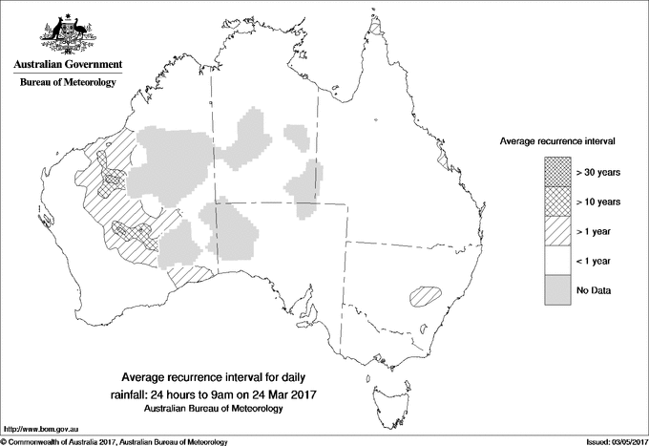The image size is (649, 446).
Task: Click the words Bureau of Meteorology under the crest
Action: [x=68, y=83]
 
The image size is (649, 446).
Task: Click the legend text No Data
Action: [x=593, y=290]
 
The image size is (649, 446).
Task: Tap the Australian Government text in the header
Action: [x=68, y=65]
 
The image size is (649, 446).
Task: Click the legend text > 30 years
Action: [x=597, y=172]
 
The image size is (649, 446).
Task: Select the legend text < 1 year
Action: [x=594, y=261]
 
